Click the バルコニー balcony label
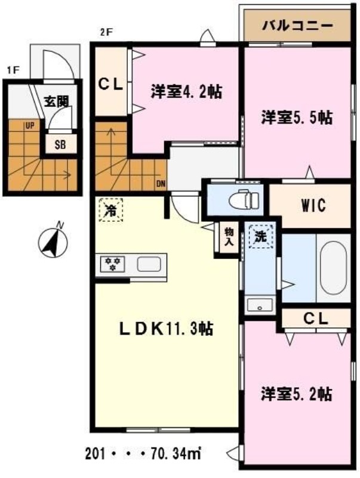pos(297,26)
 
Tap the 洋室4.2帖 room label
pos(186,91)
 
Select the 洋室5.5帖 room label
pos(297,117)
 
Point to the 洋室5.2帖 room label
pos(296,394)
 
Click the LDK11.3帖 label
pos(166,329)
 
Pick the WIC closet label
pos(313,205)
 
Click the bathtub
pos(333,268)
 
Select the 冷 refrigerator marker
pos(110,210)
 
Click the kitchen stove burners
pos(113,263)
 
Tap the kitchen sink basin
pos(149,264)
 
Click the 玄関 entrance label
pos(57,102)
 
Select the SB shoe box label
pos(60,145)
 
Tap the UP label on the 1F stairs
pos(30,125)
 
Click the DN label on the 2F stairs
pos(161,183)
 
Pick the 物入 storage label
pos(229,237)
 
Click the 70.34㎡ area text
pos(176,454)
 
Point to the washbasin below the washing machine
pos(260,305)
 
